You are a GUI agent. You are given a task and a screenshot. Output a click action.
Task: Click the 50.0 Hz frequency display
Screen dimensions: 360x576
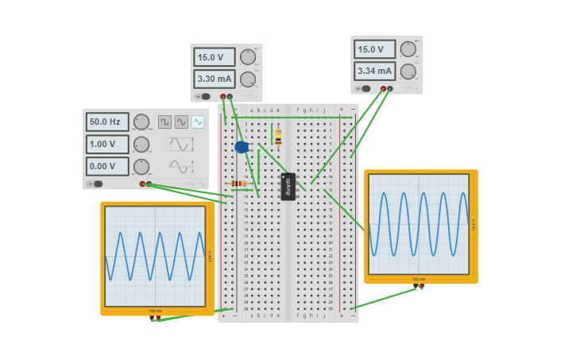pos(107,122)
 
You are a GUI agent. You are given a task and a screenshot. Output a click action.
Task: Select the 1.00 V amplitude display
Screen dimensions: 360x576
pos(107,145)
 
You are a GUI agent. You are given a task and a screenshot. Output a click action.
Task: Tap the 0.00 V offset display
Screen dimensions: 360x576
pos(107,167)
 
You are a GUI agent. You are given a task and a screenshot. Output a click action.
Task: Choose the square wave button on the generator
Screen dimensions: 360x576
pos(164,122)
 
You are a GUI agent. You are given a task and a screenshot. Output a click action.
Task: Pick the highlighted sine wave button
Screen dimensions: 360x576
pos(197,122)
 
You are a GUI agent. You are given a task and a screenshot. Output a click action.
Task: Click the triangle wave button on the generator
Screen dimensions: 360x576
pos(181,122)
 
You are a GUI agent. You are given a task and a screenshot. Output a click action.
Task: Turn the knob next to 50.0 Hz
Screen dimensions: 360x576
pos(141,122)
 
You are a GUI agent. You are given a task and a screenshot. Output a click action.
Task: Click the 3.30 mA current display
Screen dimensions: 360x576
pos(215,79)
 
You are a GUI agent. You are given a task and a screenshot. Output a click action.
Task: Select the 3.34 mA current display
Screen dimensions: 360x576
pos(374,71)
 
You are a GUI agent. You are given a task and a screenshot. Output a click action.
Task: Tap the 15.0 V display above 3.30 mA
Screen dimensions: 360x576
pos(215,57)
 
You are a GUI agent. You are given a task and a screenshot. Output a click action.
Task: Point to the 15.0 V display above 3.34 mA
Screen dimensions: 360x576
pos(374,49)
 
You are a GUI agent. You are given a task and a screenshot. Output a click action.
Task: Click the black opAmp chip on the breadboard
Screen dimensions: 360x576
pos(288,186)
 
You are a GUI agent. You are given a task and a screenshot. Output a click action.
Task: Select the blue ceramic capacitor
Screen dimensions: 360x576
pos(242,147)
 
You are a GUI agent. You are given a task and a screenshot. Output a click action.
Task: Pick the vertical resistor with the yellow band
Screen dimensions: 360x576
pos(278,137)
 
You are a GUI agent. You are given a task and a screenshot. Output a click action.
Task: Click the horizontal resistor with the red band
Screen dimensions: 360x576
pos(238,184)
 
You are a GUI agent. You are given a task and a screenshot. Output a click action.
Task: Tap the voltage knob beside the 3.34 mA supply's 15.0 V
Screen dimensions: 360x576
pos(408,49)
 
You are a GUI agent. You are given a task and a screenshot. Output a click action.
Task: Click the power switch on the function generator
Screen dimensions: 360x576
pos(97,184)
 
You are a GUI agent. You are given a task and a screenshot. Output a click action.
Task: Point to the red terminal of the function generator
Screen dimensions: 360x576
pos(142,184)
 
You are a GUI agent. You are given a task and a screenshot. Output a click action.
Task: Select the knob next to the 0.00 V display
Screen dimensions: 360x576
pos(141,167)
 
